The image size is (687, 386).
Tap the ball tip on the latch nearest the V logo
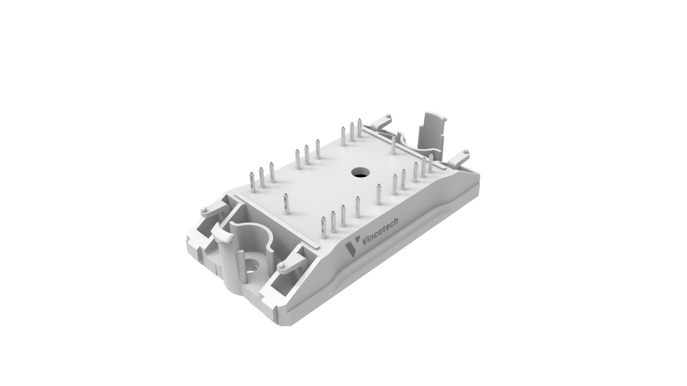click(x=282, y=266)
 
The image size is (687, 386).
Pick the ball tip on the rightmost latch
click(x=466, y=151)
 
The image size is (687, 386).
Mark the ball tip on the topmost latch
click(x=389, y=116)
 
